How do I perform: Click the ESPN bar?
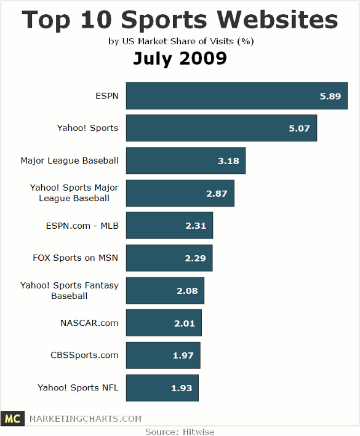(x=237, y=96)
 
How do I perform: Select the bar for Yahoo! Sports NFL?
(x=162, y=388)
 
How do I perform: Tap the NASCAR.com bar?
(x=164, y=323)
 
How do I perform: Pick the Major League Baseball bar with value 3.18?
(x=186, y=161)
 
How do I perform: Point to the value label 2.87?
(x=217, y=193)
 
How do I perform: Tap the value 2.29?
(x=194, y=258)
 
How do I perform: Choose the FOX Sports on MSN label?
(x=76, y=258)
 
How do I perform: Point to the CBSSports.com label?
(x=84, y=355)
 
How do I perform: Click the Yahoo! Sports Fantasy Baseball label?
(x=70, y=291)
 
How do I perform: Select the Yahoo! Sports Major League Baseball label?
(x=74, y=193)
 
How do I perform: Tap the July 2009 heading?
(x=180, y=59)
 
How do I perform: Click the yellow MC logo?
(x=11, y=419)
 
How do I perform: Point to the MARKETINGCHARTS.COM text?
(x=86, y=419)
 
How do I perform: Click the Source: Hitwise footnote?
(x=180, y=431)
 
